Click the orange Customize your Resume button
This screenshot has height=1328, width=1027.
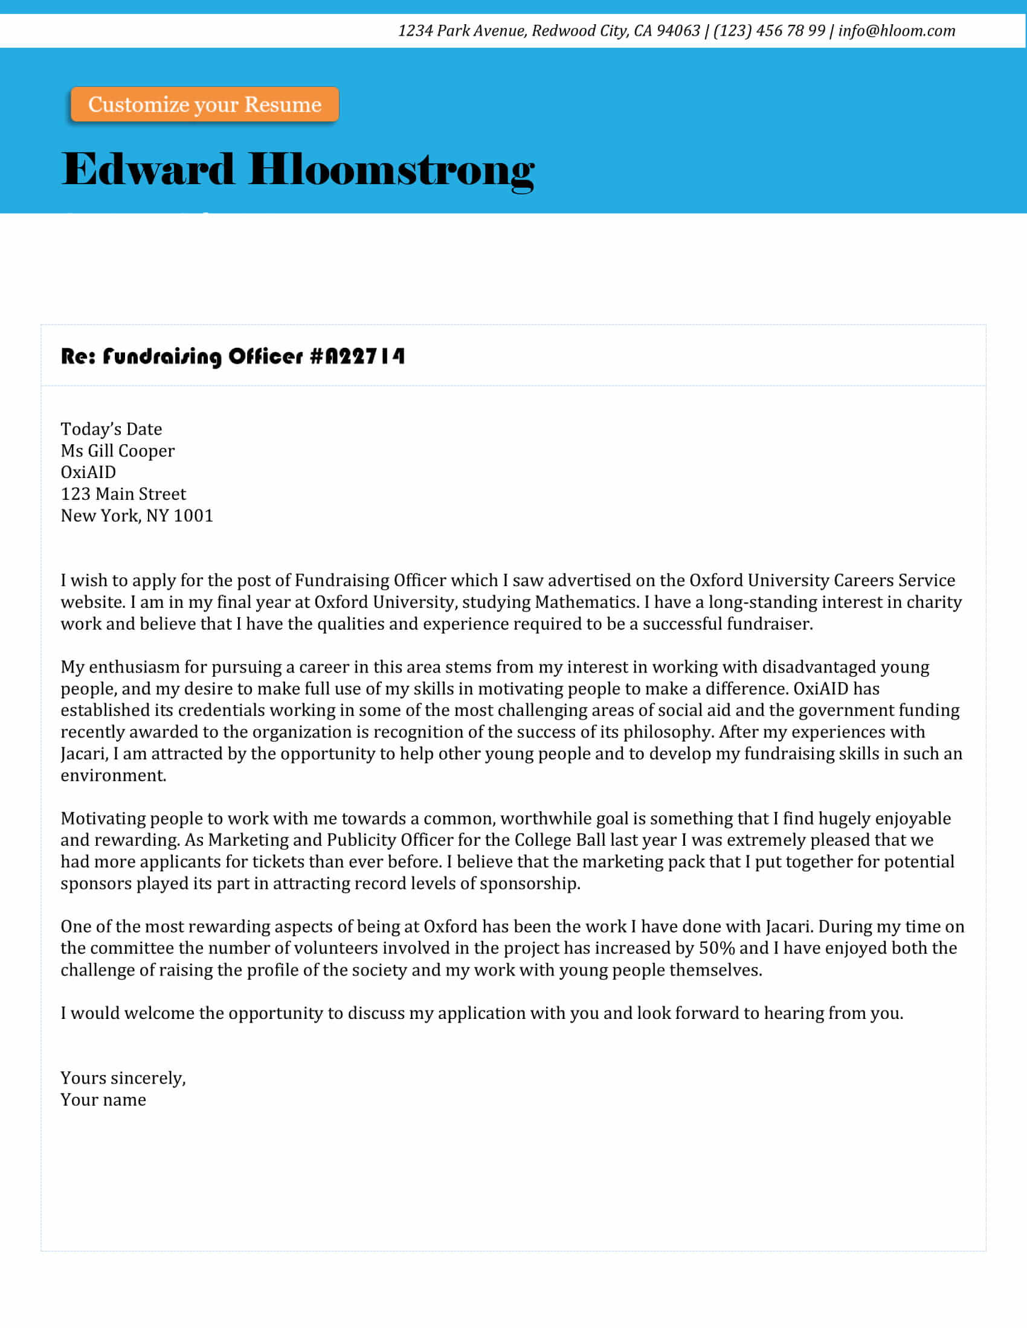pos(204,104)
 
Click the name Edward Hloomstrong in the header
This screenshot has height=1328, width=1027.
pos(297,170)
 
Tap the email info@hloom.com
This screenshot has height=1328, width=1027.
pos(896,31)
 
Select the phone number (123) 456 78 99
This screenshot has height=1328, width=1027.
pos(769,31)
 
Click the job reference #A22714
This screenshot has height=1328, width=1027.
pos(357,356)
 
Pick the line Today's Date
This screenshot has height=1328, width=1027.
pos(111,429)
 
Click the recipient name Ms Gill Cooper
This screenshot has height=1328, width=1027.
pos(117,451)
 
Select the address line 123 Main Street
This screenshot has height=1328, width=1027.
pos(123,494)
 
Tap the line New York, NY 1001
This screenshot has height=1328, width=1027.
pos(137,516)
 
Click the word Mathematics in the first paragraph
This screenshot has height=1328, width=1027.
pos(585,602)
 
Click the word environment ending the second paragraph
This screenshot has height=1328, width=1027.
pos(112,776)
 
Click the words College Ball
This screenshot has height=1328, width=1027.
pos(560,840)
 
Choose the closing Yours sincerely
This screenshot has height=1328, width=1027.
pos(123,1079)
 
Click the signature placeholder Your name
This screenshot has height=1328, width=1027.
pos(103,1100)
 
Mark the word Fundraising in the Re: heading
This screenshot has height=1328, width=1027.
pos(162,356)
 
